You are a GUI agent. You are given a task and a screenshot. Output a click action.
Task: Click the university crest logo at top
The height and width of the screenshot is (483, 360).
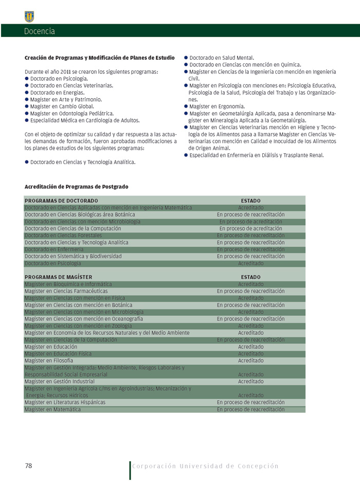(x=29, y=16)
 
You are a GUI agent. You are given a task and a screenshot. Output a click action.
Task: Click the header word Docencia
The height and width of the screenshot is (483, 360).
(x=39, y=31)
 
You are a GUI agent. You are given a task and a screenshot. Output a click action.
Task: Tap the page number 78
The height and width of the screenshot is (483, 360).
(x=29, y=466)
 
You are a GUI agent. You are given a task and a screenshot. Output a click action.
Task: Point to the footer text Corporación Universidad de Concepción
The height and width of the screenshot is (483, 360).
(x=205, y=466)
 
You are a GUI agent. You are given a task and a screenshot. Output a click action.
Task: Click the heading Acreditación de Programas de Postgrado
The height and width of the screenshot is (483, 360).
(x=76, y=186)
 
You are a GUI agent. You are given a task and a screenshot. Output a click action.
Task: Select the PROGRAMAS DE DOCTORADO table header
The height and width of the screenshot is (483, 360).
(x=61, y=201)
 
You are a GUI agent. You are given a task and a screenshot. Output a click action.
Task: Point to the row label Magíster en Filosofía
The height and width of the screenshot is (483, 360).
(x=49, y=361)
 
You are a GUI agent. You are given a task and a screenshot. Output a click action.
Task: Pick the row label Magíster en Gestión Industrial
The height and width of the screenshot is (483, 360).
(x=60, y=382)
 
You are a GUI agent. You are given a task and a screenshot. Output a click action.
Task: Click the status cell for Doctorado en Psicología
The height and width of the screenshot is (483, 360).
(x=250, y=263)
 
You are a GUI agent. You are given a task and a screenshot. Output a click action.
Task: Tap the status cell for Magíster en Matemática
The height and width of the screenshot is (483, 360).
(x=250, y=409)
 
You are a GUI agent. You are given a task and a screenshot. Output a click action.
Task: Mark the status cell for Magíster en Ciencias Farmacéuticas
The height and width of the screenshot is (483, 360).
(x=250, y=291)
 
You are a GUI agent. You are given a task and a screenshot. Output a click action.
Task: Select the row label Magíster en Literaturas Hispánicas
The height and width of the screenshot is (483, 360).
(x=65, y=402)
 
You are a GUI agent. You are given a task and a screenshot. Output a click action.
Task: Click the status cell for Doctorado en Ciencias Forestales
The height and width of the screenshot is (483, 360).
(x=250, y=236)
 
